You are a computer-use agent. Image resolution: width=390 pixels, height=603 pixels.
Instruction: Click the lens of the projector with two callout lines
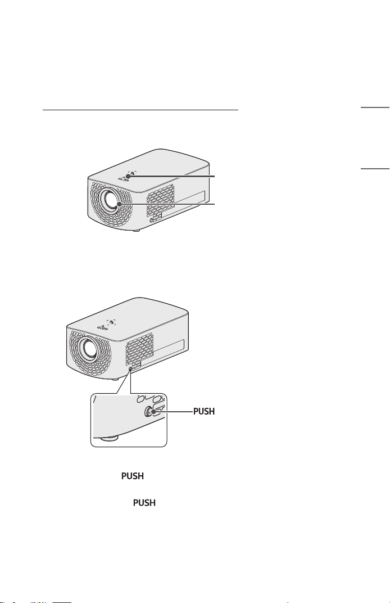click(112, 200)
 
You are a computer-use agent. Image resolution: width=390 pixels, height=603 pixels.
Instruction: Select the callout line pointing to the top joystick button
click(171, 176)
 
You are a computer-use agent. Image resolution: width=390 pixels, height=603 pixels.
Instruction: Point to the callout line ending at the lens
click(167, 204)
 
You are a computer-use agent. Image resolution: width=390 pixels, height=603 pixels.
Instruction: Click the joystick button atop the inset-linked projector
click(111, 323)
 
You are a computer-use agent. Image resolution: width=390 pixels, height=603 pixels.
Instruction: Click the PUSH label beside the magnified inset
click(204, 412)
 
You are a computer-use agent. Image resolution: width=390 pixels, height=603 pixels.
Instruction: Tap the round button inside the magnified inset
click(149, 411)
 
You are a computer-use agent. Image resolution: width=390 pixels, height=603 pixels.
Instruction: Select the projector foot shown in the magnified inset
click(110, 438)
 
